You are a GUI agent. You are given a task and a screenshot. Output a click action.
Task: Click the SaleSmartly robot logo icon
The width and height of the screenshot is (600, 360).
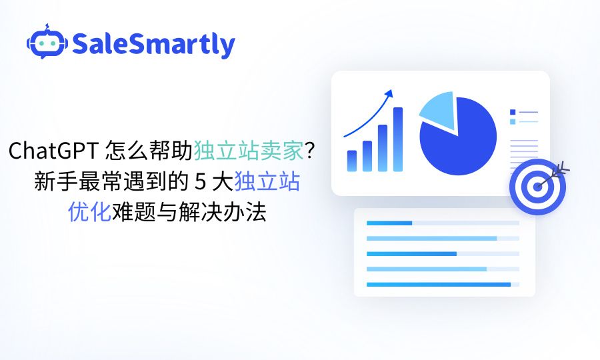click(47, 43)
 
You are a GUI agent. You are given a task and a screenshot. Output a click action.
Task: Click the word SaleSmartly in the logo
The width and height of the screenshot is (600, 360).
click(153, 45)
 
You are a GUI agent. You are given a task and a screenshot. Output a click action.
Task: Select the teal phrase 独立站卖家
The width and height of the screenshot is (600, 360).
click(249, 152)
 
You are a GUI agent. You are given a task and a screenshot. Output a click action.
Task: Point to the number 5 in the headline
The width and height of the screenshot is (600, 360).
click(197, 183)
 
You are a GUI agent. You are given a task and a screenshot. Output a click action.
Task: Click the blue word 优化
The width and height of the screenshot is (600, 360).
click(89, 213)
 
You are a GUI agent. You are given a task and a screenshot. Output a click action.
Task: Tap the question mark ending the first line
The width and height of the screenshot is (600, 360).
click(309, 152)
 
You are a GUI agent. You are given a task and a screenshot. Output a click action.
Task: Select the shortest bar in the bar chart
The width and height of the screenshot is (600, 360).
click(352, 161)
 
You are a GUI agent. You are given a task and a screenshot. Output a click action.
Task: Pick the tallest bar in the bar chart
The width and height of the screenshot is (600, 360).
click(398, 139)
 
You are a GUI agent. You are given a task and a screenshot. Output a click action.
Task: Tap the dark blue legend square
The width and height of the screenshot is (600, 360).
click(513, 112)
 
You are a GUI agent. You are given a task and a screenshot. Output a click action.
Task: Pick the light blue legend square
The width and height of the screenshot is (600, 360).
click(513, 121)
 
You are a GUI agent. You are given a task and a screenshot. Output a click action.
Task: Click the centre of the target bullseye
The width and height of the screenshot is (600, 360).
click(537, 187)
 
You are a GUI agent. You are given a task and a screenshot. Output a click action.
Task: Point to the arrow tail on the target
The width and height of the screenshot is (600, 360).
click(564, 167)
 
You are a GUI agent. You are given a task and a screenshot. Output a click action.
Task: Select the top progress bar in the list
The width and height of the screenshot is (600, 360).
click(389, 223)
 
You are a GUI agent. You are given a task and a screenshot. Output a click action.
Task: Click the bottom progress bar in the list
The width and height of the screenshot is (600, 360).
click(438, 285)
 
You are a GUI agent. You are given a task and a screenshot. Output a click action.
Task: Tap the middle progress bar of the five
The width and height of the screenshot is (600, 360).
click(411, 253)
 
